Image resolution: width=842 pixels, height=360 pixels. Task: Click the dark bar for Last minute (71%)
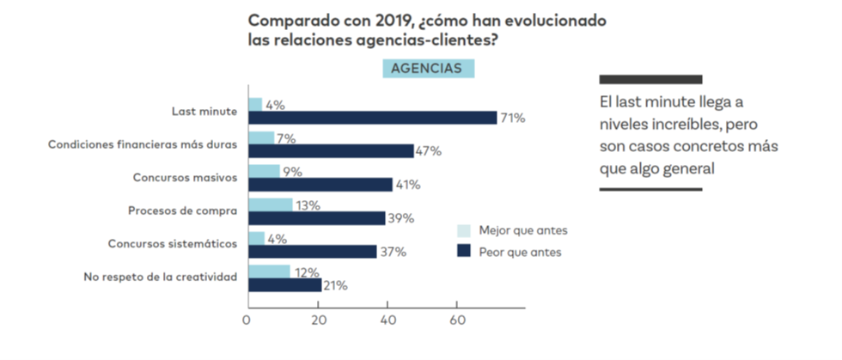coord(372,118)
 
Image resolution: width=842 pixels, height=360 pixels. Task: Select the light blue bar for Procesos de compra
coord(270,204)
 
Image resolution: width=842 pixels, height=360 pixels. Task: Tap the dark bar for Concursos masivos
coord(320,185)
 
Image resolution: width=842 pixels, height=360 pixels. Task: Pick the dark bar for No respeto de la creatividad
coord(284,285)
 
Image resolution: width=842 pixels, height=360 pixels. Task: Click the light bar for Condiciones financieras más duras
coord(261,137)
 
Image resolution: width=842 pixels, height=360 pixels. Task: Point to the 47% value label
coord(429,151)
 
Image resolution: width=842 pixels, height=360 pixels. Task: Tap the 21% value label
coord(335,285)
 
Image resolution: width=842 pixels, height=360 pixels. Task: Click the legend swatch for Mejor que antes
coord(464,231)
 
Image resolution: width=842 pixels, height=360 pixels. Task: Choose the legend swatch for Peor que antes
coord(464,252)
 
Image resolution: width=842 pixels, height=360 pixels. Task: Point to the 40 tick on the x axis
coord(387,323)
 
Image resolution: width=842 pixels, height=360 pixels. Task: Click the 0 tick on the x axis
coord(247,323)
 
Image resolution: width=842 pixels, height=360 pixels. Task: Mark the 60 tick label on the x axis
coord(457,323)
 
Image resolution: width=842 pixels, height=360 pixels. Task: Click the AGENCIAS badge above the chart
coord(428,68)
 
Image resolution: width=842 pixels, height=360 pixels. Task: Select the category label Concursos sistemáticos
coord(172,244)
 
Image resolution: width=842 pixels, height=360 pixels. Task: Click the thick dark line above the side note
coord(650,79)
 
